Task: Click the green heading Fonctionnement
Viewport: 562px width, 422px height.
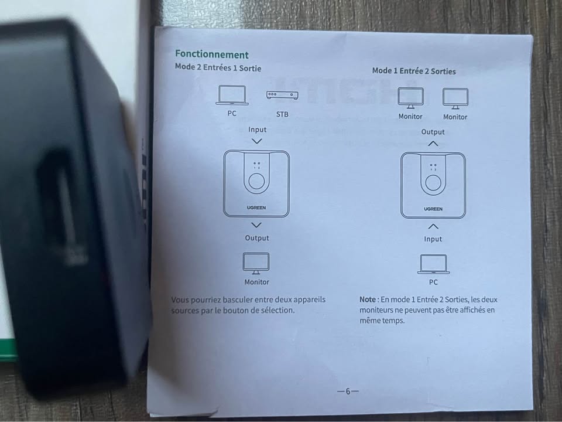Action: [212, 55]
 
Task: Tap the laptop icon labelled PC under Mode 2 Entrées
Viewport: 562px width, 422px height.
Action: [232, 95]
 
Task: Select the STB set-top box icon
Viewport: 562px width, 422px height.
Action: [282, 95]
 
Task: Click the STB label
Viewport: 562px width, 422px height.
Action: [282, 114]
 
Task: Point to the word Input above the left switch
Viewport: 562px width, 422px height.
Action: [258, 130]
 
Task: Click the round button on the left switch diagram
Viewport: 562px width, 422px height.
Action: [256, 182]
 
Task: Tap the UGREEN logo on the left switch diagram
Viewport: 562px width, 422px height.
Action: [256, 207]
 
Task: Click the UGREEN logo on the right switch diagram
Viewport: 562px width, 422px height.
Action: [433, 209]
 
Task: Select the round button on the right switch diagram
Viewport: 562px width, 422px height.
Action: [433, 183]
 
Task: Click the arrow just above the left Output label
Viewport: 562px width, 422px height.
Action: [256, 225]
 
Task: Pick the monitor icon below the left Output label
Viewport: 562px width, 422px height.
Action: [256, 263]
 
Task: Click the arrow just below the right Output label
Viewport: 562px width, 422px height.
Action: [433, 144]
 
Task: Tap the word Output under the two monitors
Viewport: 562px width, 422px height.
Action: [433, 132]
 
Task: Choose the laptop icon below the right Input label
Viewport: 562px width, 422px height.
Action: [433, 264]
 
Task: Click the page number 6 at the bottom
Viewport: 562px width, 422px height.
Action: [348, 391]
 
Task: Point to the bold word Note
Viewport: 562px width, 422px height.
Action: [368, 300]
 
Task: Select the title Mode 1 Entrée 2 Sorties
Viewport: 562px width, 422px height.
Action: [414, 71]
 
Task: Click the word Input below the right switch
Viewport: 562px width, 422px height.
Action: [433, 239]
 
